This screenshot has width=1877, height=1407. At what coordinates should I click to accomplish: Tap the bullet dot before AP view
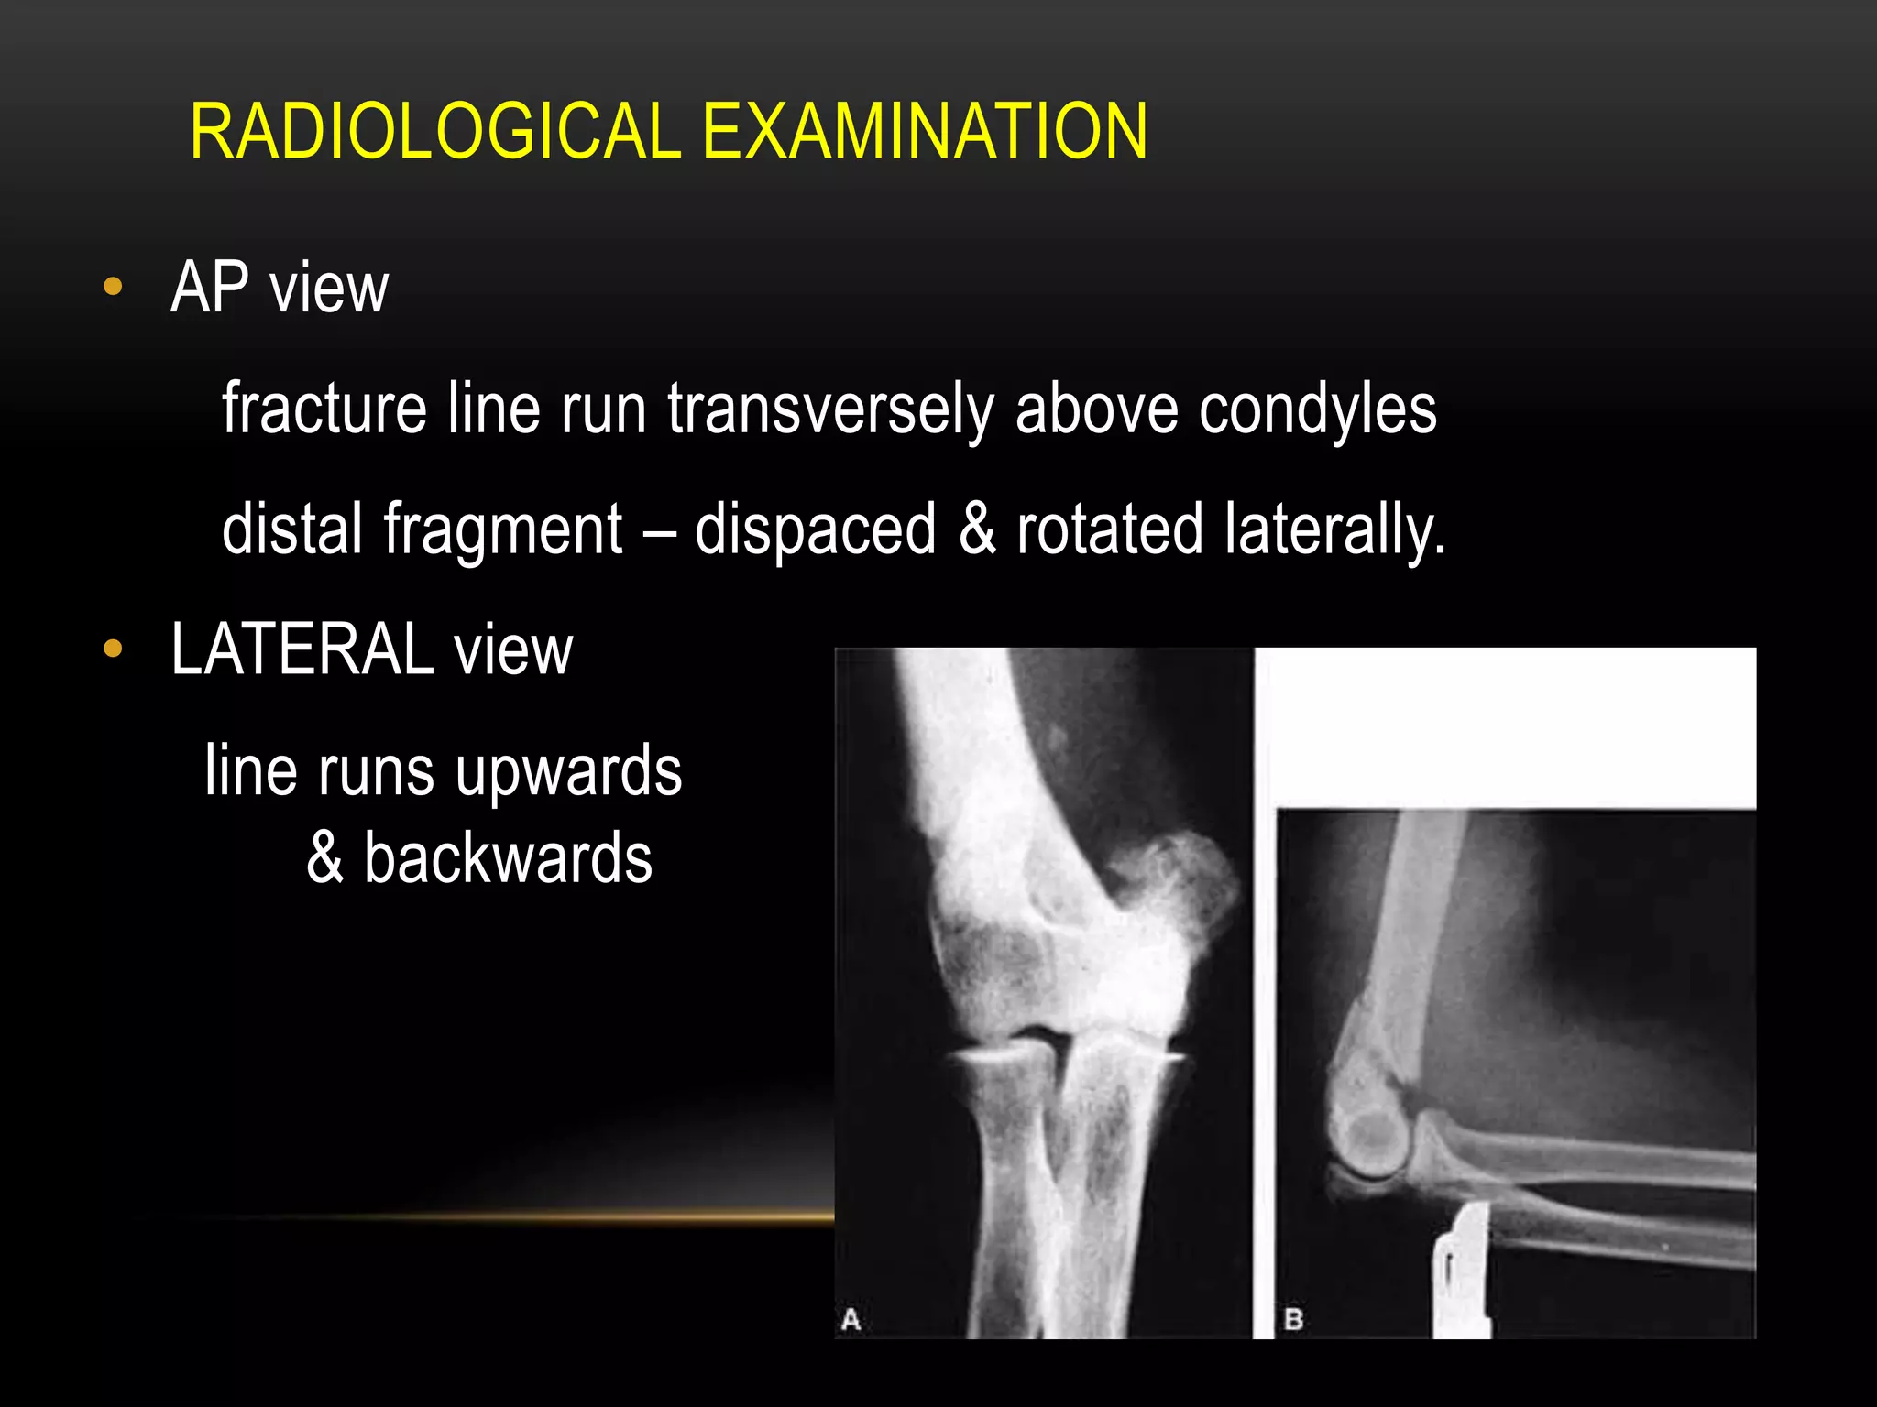(113, 287)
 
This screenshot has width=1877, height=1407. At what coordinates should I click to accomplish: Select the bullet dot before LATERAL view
(113, 649)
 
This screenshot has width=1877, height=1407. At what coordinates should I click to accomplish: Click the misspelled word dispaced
(815, 529)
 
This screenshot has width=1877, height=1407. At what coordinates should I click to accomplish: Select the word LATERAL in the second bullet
(302, 649)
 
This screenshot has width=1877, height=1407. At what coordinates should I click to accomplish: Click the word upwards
(568, 771)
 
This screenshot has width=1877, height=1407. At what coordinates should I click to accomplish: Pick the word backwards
(508, 858)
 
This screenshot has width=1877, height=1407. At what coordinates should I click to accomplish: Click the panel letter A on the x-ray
(851, 1320)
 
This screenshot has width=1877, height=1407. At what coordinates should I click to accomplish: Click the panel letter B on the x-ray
(1293, 1320)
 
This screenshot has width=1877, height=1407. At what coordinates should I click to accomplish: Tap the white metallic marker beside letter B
(1463, 1273)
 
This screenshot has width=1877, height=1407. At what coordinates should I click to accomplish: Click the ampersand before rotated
(977, 529)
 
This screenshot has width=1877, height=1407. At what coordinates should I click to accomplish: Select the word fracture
(324, 409)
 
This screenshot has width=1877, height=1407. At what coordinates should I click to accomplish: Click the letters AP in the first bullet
(210, 287)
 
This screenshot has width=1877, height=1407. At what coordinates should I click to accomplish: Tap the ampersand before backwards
(325, 858)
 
